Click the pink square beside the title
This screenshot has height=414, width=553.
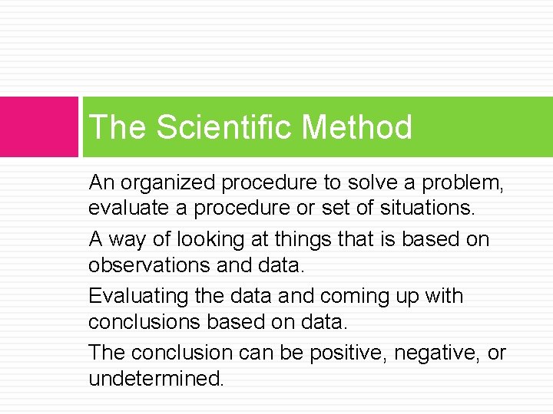click(39, 127)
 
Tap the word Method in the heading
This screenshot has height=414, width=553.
click(357, 127)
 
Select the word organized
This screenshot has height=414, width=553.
click(166, 182)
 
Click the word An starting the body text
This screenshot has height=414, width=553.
click(101, 182)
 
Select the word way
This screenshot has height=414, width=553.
click(126, 239)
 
